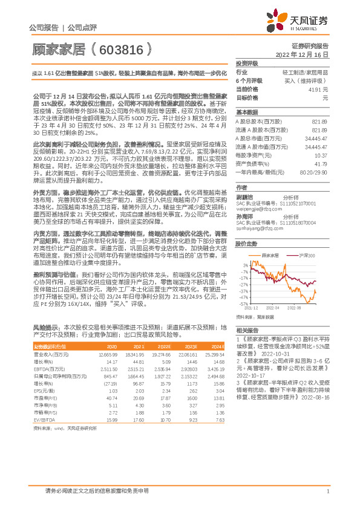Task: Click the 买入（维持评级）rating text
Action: click(309, 80)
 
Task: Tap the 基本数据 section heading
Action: click(246, 113)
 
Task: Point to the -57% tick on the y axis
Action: click(244, 304)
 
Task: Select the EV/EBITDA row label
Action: click(44, 436)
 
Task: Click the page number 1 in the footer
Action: click(327, 491)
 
